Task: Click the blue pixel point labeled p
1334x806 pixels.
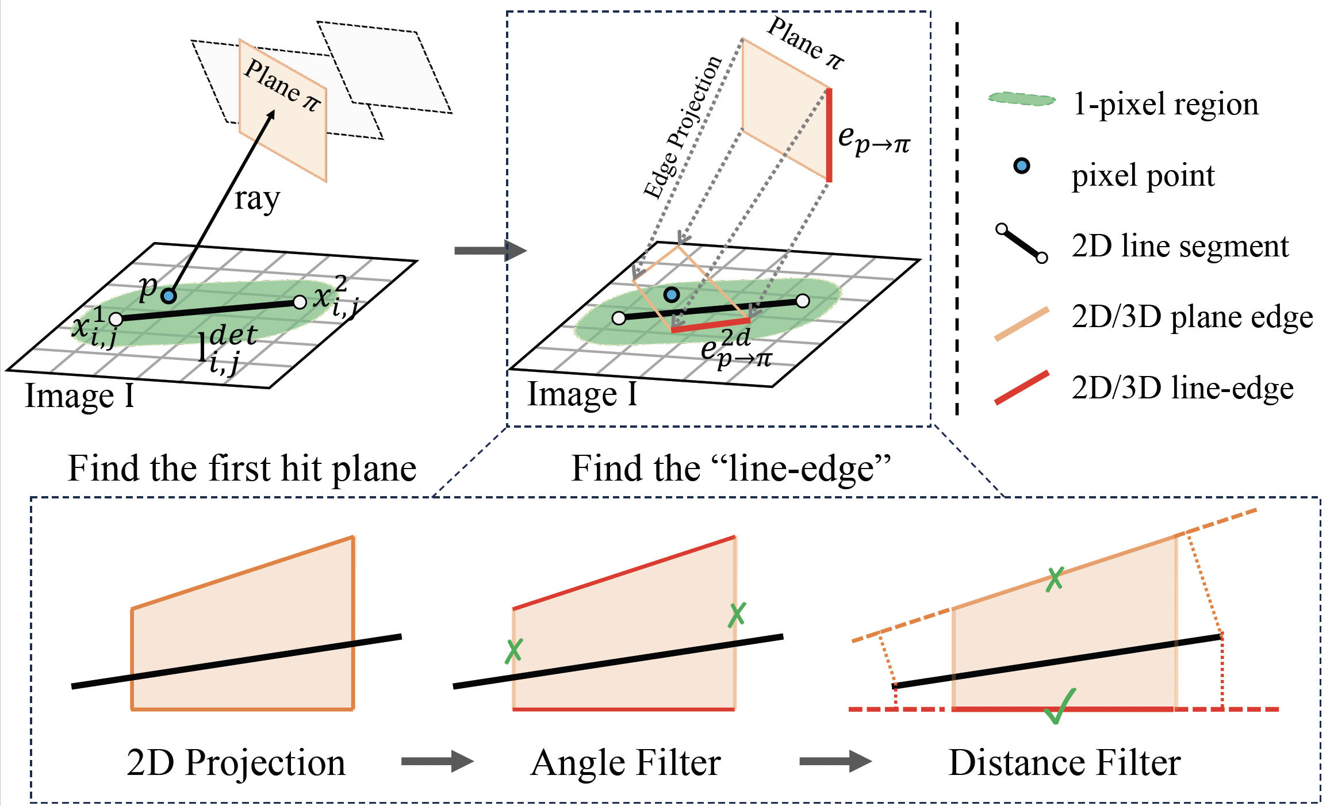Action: coord(168,296)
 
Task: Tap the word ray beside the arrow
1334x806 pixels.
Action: coord(257,199)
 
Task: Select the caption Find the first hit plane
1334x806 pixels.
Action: coord(242,468)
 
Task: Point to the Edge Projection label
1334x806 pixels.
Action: coord(683,128)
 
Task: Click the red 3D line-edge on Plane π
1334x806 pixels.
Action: coord(829,135)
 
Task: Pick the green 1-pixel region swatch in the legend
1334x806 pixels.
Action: coord(1022,100)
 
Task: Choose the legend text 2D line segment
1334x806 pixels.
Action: coord(1180,246)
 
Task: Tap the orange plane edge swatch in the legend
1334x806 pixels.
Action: coord(1022,324)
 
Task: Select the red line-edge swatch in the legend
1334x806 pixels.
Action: coord(1022,388)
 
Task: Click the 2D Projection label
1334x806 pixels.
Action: coord(236,763)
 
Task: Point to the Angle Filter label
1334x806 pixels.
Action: coord(626,763)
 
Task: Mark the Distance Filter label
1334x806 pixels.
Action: coord(1064,763)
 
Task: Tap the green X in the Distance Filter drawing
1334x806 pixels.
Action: coord(1055,579)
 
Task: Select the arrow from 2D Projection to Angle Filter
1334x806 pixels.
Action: coord(437,762)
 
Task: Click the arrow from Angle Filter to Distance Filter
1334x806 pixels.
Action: coord(835,762)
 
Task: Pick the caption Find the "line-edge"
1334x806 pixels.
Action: coord(731,468)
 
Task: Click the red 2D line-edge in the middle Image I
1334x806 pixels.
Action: coord(711,325)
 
